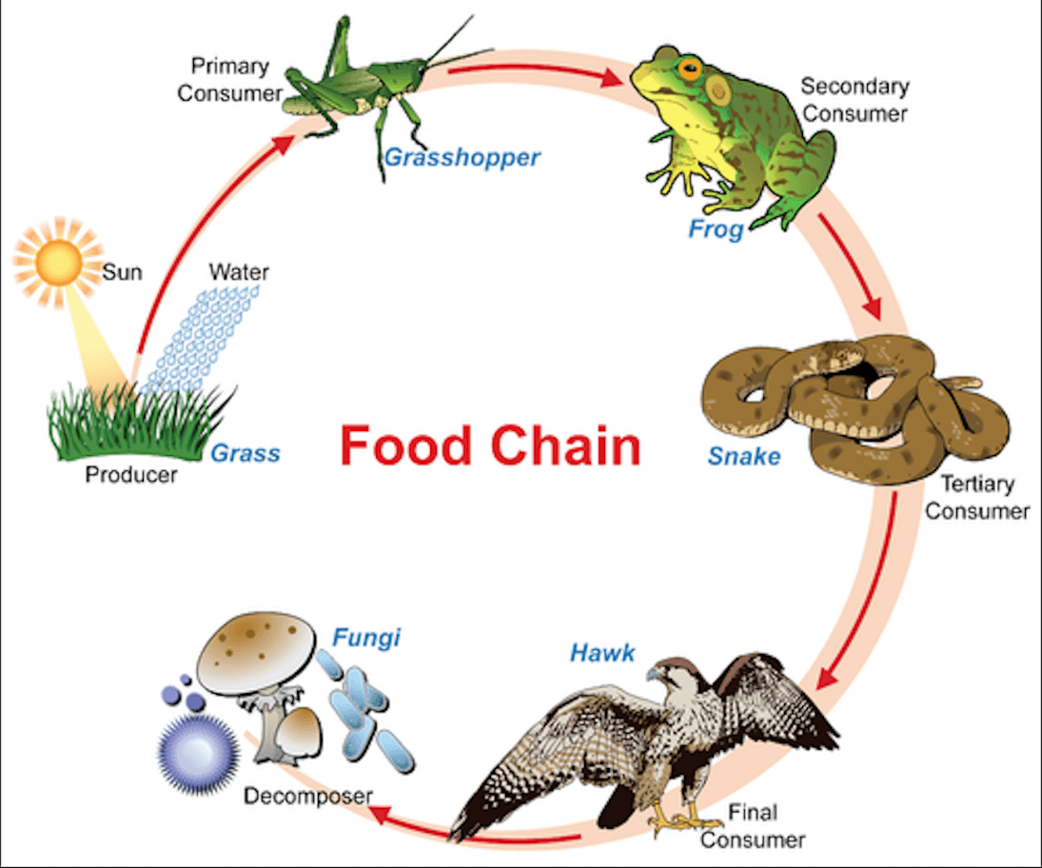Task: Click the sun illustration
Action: tap(59, 264)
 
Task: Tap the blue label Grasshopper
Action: tap(462, 158)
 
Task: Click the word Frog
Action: tap(716, 229)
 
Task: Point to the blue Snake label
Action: tap(743, 456)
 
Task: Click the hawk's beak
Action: tap(654, 675)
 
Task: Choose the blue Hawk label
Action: tap(602, 653)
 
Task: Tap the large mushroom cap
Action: tap(257, 652)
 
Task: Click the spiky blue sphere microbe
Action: tap(198, 754)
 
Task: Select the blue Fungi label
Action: tap(366, 638)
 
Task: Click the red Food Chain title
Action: tap(490, 446)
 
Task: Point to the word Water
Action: tap(239, 272)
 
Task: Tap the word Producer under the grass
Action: tap(131, 475)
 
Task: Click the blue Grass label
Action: tap(246, 453)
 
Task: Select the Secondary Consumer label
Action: tap(855, 100)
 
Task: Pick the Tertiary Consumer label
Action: tap(977, 497)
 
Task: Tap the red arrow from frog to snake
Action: tap(852, 266)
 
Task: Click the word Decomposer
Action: tap(307, 796)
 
